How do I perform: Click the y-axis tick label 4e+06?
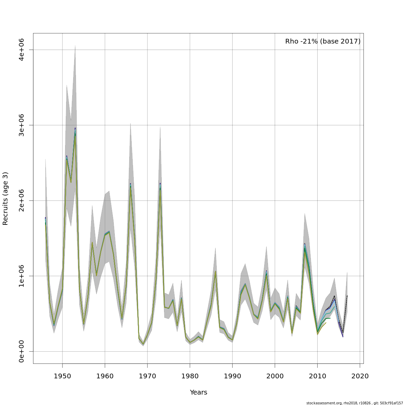pos(22,50)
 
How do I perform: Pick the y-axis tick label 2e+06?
pos(22,200)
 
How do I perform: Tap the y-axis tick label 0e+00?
pos(22,351)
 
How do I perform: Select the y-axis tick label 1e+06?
pos(22,276)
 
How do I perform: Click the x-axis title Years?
pos(198,393)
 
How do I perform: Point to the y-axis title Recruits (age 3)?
pos(5,198)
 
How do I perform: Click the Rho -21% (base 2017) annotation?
pos(323,42)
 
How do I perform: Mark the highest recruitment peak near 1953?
pos(75,129)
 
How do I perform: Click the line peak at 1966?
pos(130,184)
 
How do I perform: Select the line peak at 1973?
pos(160,184)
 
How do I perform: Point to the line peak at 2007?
pos(305,244)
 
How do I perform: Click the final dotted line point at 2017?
pos(347,296)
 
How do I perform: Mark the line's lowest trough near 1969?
pos(143,344)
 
